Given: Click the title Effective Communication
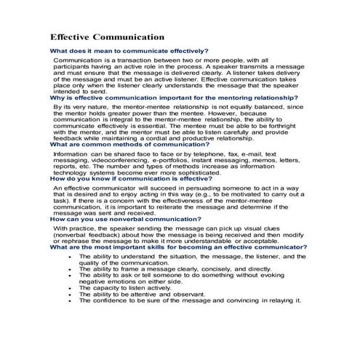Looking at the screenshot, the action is tap(107, 37).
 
